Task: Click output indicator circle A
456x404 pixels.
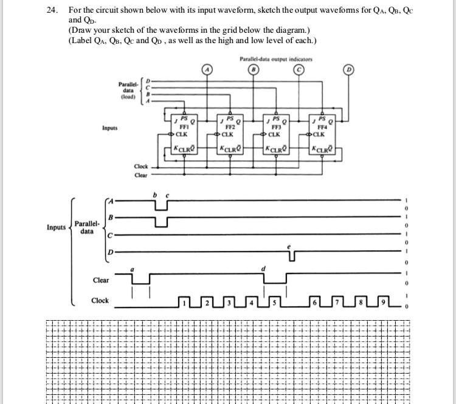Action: pos(207,70)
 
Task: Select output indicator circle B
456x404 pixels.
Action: pos(254,70)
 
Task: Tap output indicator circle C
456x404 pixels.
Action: pos(300,70)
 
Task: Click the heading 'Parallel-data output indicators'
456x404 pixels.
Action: pos(276,59)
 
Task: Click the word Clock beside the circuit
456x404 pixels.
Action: pos(141,166)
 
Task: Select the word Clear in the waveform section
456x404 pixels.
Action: pos(101,280)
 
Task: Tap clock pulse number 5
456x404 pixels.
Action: pos(274,302)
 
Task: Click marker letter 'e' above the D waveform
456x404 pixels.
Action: pos(289,247)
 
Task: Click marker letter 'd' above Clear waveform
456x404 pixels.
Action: pos(263,267)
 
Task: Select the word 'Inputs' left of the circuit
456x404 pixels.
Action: pos(111,128)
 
